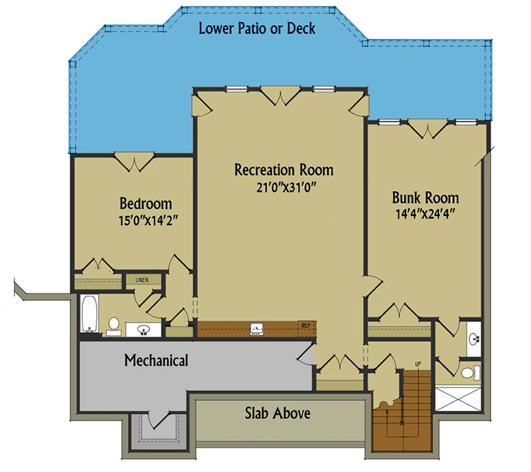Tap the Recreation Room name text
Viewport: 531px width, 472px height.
point(283,170)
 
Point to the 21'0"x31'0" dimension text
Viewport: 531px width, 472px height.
point(283,187)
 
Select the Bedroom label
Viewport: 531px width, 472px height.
point(145,203)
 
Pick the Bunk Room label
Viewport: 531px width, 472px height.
point(425,198)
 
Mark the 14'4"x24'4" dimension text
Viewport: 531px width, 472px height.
point(425,214)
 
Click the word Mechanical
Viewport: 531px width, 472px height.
point(156,361)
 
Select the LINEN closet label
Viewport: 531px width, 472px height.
point(142,279)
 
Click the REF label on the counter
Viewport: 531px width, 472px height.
point(306,325)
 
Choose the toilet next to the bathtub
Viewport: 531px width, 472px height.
point(114,325)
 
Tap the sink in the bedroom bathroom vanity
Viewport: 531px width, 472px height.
point(142,329)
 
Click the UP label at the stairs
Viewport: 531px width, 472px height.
point(417,364)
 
